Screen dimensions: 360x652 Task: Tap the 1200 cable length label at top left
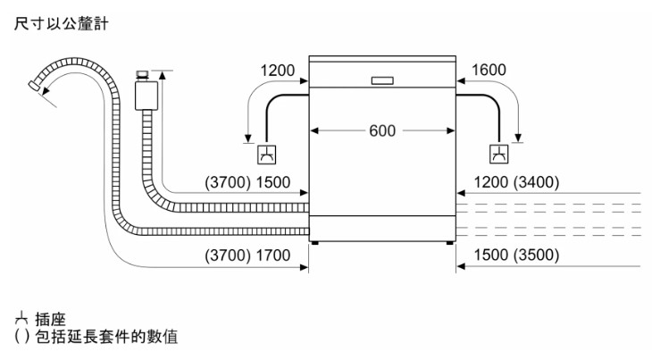[278, 69]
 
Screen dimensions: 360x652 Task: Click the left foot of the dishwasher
[313, 241]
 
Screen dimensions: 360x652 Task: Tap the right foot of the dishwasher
[442, 241]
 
